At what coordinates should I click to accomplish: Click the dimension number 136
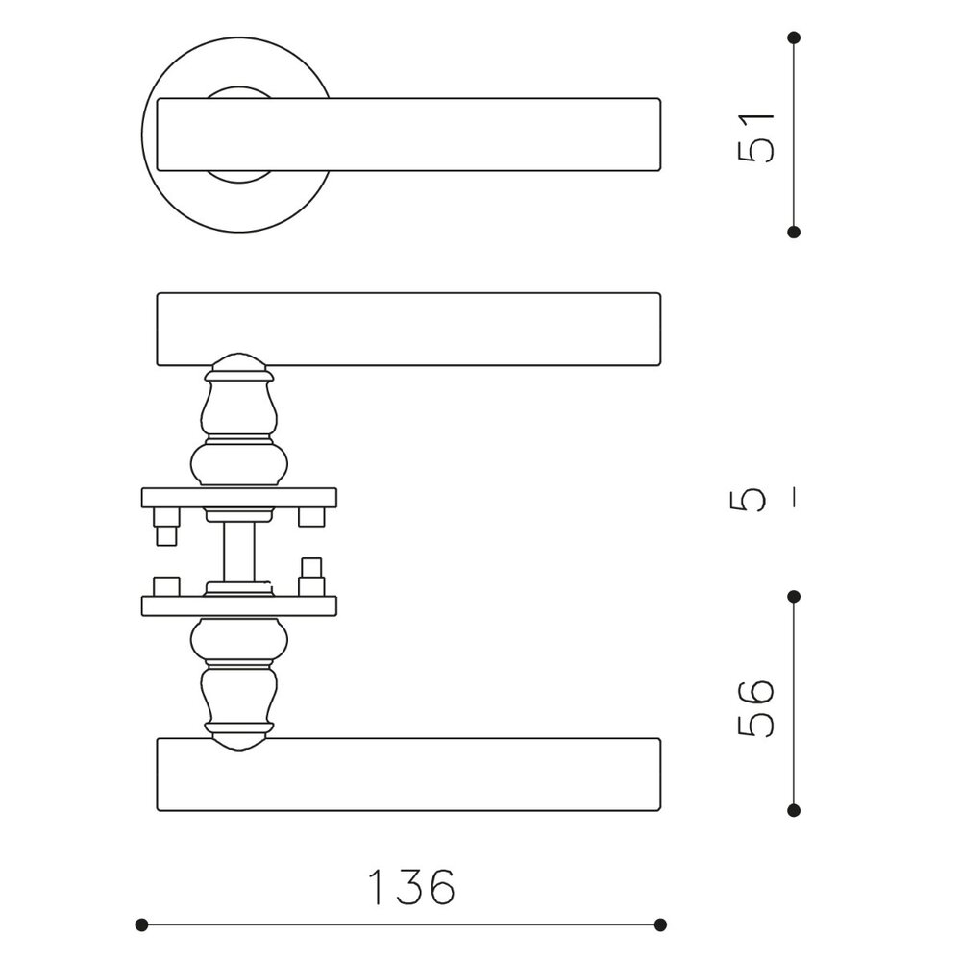click(412, 886)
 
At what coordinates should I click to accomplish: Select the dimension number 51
click(755, 137)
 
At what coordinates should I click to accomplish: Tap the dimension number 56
click(755, 707)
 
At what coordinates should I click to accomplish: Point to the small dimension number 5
click(749, 500)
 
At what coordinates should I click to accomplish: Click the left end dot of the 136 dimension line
click(141, 924)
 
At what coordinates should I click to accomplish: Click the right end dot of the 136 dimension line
click(660, 924)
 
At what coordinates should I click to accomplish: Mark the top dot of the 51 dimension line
click(794, 38)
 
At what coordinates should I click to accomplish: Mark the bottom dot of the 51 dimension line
click(794, 232)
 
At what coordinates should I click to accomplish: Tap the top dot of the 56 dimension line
click(794, 597)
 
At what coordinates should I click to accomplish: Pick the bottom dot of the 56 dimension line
click(794, 811)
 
